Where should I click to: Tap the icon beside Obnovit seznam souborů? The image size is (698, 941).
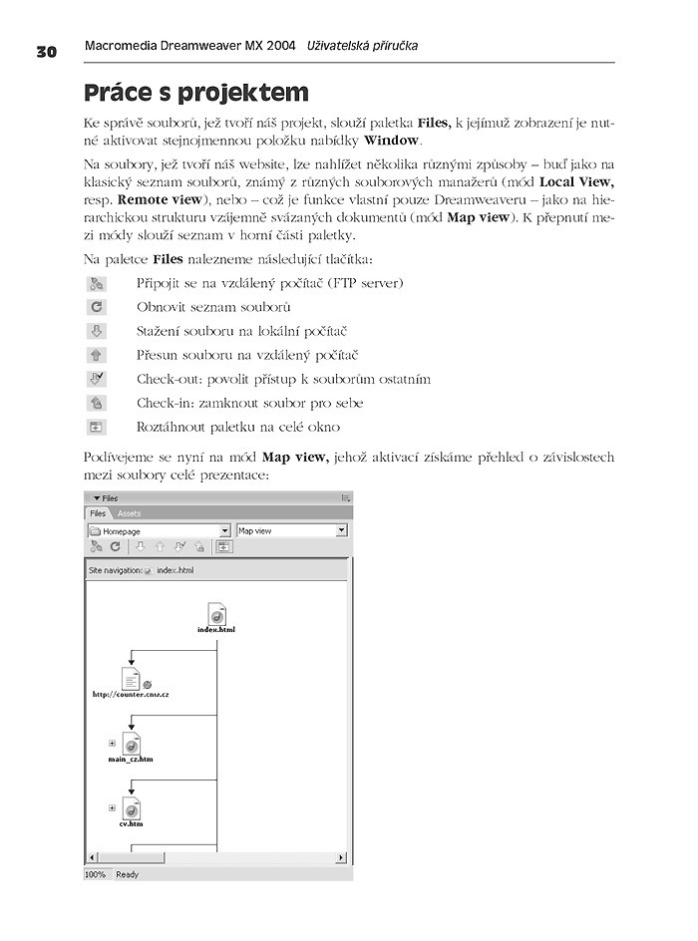click(97, 307)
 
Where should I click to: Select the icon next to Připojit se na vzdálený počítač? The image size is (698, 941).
click(97, 283)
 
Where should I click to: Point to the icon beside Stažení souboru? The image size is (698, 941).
click(97, 331)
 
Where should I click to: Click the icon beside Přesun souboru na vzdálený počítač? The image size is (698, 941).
click(97, 355)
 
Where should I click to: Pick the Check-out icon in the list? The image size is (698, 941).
click(97, 379)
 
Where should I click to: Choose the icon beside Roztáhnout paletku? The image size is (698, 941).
click(97, 427)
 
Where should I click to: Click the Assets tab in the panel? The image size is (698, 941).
click(130, 513)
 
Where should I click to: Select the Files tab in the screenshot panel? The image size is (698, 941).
click(99, 513)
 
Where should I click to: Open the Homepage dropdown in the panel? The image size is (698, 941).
click(224, 531)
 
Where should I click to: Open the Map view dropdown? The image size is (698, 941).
click(341, 531)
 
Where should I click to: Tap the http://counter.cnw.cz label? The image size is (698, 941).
click(130, 694)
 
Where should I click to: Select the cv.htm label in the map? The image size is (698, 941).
click(131, 824)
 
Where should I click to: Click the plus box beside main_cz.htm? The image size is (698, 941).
click(112, 743)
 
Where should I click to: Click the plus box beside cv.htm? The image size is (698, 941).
click(112, 807)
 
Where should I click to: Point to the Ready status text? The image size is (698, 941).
click(128, 874)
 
